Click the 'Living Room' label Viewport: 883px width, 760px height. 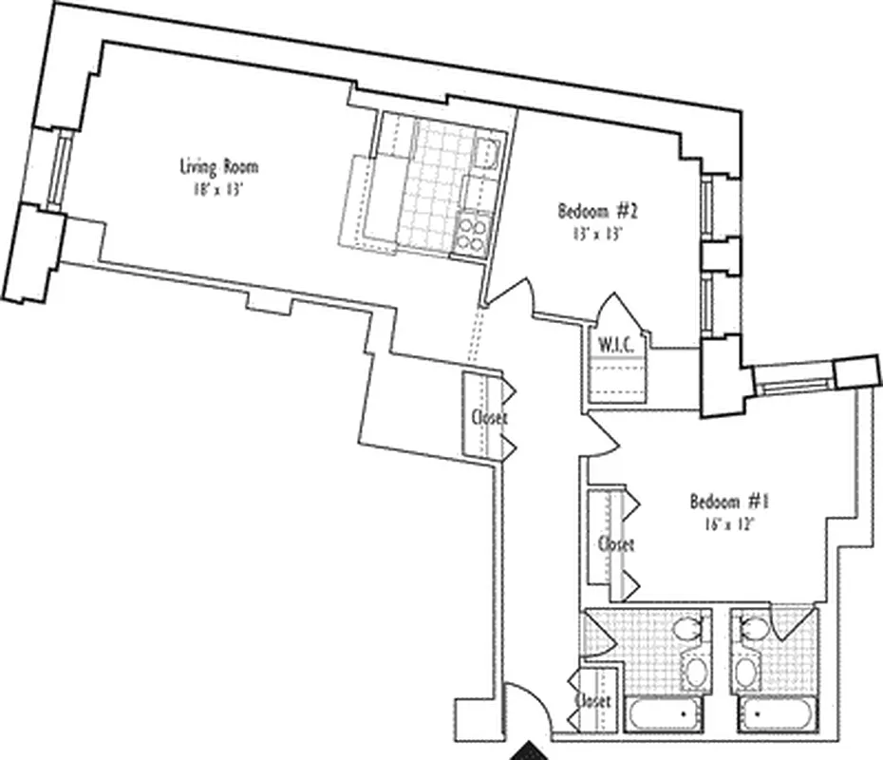click(219, 167)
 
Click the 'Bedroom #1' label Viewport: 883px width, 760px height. click(728, 501)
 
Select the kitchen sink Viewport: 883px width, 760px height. click(488, 152)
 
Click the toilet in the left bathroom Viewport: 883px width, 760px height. click(687, 629)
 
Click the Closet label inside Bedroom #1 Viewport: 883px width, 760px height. click(615, 544)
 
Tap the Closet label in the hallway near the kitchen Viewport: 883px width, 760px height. click(489, 417)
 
